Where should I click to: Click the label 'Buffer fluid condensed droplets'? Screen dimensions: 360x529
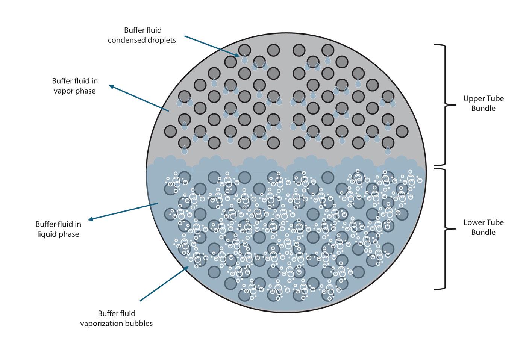tap(142, 35)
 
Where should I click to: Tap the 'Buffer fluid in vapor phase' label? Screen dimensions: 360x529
tap(75, 86)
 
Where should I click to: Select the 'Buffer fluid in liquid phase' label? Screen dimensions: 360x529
tap(58, 229)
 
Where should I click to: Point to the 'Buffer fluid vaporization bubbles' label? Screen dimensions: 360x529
tap(117, 318)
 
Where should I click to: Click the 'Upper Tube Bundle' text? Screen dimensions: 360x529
tap(483, 103)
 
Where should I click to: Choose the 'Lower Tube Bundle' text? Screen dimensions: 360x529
tap(483, 227)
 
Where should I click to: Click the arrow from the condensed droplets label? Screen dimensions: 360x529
tap(211, 46)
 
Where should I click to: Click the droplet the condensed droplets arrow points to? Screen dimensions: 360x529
tap(244, 59)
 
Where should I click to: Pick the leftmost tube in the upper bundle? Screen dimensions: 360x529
tap(170, 131)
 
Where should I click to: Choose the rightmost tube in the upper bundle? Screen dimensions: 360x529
tap(402, 131)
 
